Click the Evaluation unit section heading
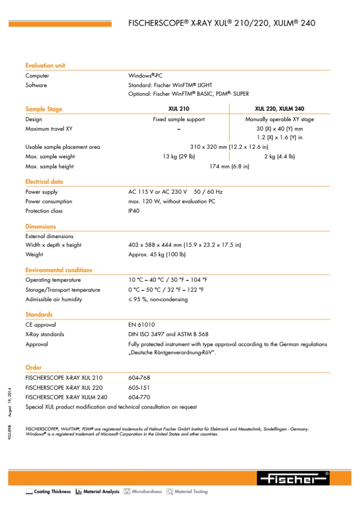point(45,65)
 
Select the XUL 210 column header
point(179,109)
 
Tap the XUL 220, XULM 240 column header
point(279,109)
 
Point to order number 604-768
point(139,378)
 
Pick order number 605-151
point(139,388)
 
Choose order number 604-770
point(139,397)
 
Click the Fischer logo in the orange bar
point(293,479)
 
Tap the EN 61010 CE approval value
point(142,325)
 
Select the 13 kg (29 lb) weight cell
point(179,156)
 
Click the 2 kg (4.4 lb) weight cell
point(279,156)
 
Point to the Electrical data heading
point(44,181)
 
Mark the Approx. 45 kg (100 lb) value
point(157,254)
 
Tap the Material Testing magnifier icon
point(170,492)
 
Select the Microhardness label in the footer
point(147,492)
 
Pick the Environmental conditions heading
point(59,270)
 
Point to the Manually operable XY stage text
point(279,119)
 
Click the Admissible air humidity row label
point(54,299)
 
